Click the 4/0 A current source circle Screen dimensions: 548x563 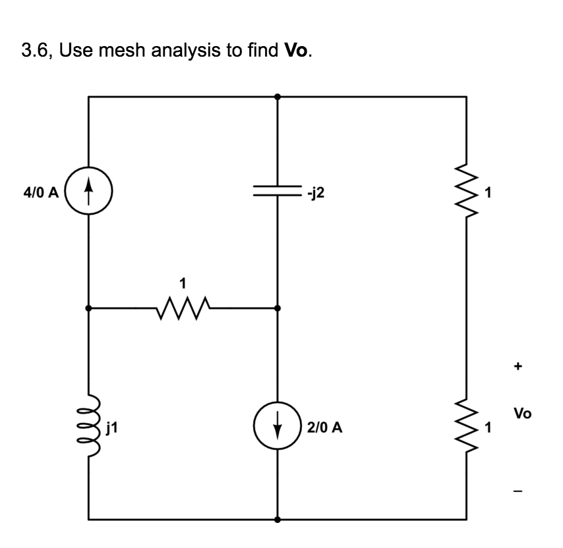click(89, 193)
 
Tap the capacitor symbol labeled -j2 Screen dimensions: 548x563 click(278, 191)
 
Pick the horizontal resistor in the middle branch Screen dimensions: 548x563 click(183, 308)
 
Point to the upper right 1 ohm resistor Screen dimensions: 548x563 click(467, 193)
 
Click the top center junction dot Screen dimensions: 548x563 click(278, 96)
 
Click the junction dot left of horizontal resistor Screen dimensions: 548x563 click(89, 308)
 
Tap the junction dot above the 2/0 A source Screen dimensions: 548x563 click(278, 308)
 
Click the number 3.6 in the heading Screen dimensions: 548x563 click(34, 51)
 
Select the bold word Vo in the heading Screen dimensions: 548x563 click(297, 51)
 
